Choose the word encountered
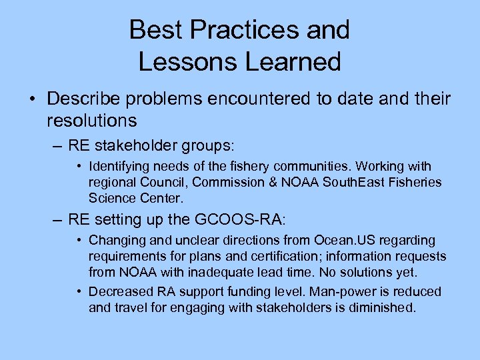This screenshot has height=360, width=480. click(253, 99)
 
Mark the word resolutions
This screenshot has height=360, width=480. click(91, 121)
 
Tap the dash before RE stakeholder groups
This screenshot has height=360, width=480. click(57, 146)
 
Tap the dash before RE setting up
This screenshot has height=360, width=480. click(57, 219)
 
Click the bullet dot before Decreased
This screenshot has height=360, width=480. click(79, 292)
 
